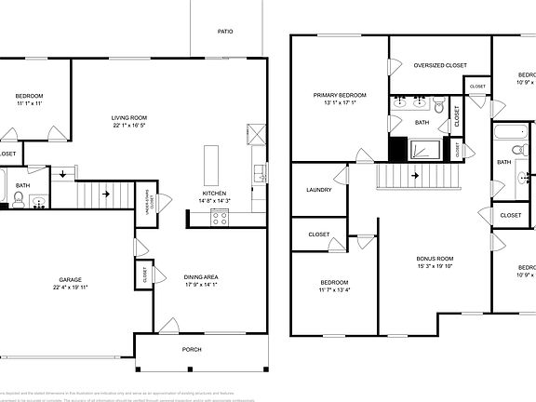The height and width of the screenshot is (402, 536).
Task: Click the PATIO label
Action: click(x=225, y=31)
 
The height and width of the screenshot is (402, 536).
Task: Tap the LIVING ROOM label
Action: click(x=129, y=118)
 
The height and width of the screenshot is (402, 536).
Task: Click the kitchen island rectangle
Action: click(x=209, y=165)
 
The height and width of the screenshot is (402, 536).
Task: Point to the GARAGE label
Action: click(x=71, y=279)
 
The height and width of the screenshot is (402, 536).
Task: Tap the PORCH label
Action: click(x=191, y=350)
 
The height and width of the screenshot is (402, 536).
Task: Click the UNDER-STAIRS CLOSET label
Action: click(x=147, y=200)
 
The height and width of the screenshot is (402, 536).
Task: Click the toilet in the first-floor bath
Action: click(x=20, y=197)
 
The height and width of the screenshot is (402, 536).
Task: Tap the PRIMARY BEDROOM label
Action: click(x=339, y=95)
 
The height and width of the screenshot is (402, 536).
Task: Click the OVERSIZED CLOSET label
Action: click(x=439, y=65)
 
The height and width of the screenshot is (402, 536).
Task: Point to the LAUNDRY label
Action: click(x=318, y=190)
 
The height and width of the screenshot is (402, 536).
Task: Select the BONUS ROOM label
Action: click(x=434, y=258)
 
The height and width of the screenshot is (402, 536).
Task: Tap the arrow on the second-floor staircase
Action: click(x=416, y=174)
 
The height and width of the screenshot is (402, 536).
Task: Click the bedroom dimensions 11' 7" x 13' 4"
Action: click(x=334, y=290)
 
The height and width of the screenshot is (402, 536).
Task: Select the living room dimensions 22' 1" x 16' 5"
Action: click(x=129, y=127)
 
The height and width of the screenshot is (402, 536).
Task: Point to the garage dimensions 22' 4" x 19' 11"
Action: click(x=71, y=288)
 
